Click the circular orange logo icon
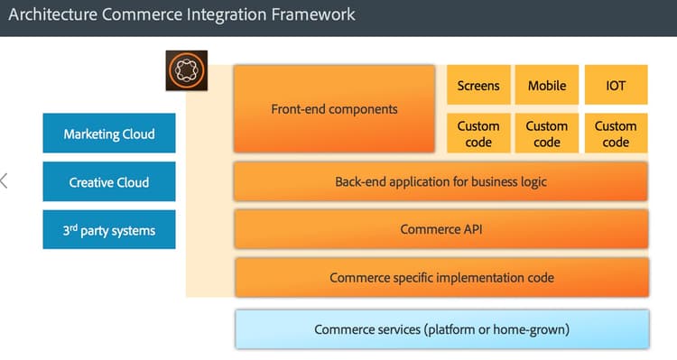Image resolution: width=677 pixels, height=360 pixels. [x=187, y=70]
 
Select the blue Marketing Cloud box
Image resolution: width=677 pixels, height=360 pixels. [x=108, y=134]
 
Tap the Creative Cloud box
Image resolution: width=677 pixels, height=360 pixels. [x=108, y=182]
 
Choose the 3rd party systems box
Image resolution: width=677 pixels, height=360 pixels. [x=108, y=230]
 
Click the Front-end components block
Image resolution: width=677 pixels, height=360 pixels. [x=334, y=109]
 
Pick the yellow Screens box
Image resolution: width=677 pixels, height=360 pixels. [x=478, y=86]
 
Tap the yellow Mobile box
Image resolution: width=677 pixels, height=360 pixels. [x=547, y=86]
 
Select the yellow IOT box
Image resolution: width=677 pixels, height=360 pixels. [x=616, y=86]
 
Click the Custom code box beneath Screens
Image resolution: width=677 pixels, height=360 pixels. [x=478, y=134]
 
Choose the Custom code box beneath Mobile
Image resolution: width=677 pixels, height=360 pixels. [x=547, y=134]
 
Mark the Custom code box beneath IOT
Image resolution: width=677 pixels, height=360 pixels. [x=616, y=134]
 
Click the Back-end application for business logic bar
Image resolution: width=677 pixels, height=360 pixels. [x=441, y=181]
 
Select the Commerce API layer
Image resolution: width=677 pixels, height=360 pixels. [x=441, y=229]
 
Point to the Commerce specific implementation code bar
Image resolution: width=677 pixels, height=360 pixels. [x=441, y=277]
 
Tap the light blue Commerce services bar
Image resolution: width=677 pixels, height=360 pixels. [x=441, y=329]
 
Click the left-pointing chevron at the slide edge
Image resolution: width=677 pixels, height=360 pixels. [x=5, y=180]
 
